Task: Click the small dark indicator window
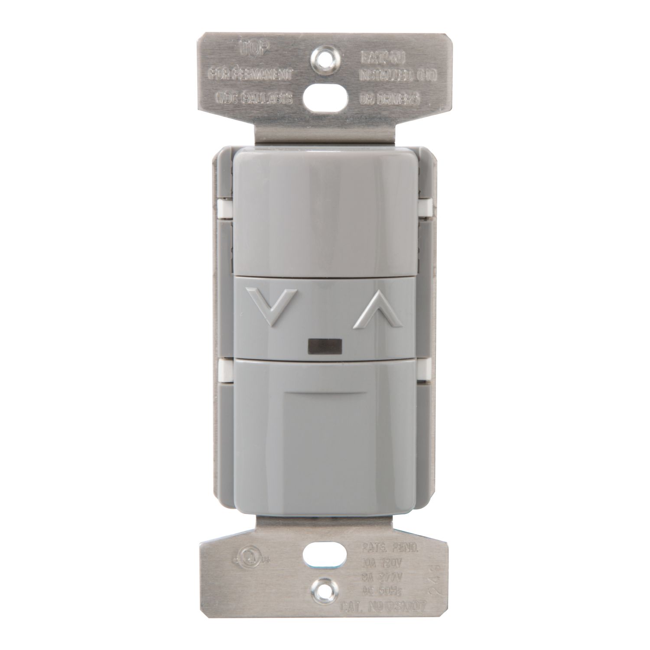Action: [x=323, y=346]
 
